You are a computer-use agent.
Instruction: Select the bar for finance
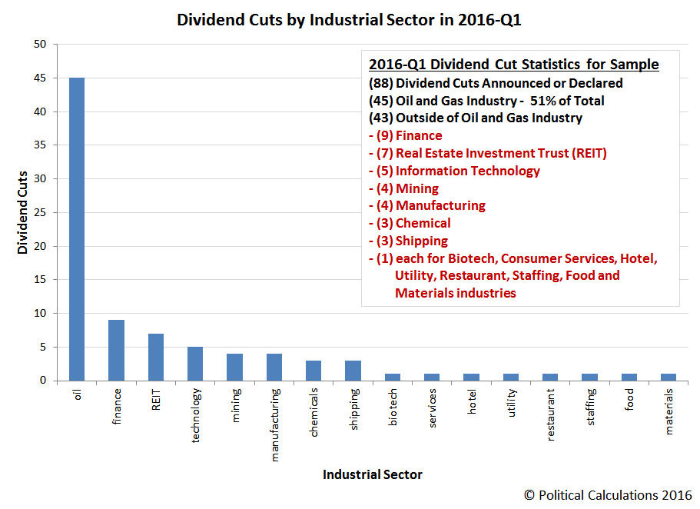(116, 350)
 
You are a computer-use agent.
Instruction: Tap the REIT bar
(155, 357)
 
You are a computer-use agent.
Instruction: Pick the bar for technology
(195, 364)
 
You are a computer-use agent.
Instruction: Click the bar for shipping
(353, 370)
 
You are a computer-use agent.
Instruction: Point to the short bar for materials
(668, 377)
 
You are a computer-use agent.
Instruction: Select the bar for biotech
(392, 377)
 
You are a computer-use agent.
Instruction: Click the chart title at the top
(350, 20)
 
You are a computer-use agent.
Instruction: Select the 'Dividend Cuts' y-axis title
(23, 212)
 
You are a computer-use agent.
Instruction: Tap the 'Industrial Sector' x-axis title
(372, 474)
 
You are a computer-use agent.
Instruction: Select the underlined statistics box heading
(513, 65)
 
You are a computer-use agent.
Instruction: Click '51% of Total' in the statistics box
(567, 101)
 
